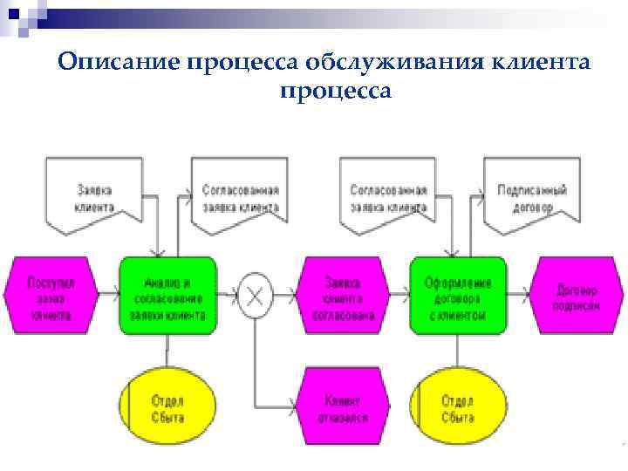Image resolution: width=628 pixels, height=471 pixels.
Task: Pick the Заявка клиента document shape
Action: [94, 196]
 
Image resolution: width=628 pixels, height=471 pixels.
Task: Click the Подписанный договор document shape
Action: [531, 196]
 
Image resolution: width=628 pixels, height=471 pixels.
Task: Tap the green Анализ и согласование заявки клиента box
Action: [167, 296]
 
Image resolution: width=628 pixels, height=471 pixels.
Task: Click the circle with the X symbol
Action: [255, 296]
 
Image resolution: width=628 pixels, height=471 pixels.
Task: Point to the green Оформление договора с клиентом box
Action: [458, 296]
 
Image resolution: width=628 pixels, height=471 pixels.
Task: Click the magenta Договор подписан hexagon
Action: [576, 296]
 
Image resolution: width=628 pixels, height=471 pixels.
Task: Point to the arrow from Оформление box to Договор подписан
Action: [520, 296]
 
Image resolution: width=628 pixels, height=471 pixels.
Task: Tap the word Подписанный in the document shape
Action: [531, 189]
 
